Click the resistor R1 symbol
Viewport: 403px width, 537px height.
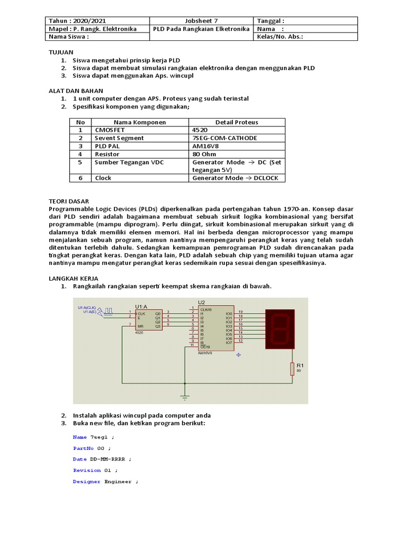point(292,369)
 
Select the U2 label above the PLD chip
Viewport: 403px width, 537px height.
point(202,302)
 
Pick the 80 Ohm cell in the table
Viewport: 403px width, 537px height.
point(203,154)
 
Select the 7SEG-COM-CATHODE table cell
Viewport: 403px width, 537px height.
point(225,138)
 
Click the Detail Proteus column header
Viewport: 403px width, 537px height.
point(237,122)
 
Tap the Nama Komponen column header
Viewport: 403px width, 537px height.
point(140,122)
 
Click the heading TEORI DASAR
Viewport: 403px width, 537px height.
point(69,201)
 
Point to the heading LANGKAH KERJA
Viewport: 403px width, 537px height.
point(73,278)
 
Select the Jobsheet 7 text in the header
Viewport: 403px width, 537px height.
point(201,21)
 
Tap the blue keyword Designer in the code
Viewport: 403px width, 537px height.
point(87,481)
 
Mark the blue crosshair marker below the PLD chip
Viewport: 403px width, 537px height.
point(238,355)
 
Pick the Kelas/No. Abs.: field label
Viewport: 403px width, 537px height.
point(280,37)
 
